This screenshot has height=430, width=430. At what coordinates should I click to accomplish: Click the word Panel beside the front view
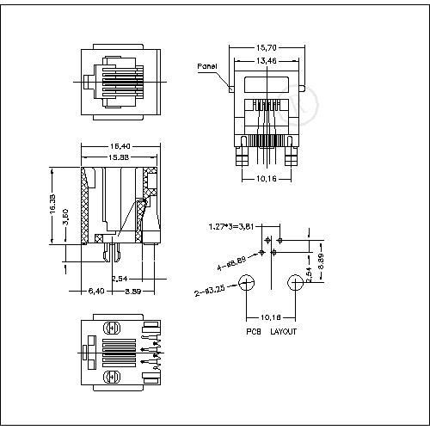(x=206, y=66)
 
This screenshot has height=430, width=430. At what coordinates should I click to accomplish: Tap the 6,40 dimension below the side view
(x=96, y=292)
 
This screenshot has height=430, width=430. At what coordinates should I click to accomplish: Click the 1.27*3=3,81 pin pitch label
(x=230, y=227)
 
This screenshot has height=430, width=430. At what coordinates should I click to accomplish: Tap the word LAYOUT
(x=284, y=330)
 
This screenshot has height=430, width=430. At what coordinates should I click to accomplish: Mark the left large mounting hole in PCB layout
(x=249, y=282)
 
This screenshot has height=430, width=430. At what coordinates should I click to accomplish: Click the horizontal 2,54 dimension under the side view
(x=121, y=279)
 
